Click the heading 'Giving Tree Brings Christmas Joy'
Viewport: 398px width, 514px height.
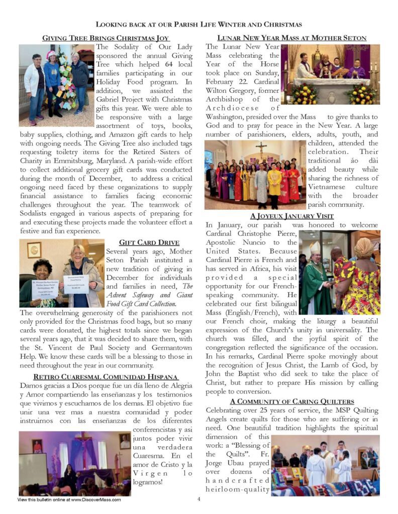point(106,38)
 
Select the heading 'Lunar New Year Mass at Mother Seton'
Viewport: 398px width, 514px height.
point(291,38)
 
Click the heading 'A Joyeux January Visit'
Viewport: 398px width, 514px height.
point(292,216)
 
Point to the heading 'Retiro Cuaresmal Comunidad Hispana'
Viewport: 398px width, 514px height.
point(106,376)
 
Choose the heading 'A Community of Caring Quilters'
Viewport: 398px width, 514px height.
point(292,401)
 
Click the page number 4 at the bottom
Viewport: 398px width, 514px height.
point(199,499)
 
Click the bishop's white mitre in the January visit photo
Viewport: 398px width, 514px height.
point(315,248)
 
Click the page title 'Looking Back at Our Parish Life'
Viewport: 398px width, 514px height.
point(199,24)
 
